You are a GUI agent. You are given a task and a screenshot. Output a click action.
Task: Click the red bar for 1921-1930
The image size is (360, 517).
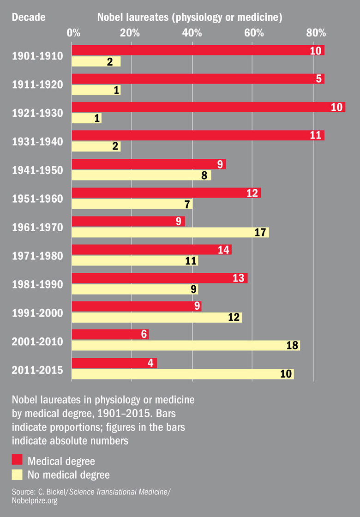[208, 107]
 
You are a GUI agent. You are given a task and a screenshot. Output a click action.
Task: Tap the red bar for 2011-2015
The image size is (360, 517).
[114, 363]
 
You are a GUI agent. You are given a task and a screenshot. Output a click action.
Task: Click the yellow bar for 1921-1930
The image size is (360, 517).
[86, 118]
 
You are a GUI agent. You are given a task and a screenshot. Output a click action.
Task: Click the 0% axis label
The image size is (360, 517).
[73, 33]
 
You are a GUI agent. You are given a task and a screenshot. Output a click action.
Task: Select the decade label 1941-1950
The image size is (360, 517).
[37, 170]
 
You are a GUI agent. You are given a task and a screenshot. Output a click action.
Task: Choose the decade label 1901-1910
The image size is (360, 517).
[37, 56]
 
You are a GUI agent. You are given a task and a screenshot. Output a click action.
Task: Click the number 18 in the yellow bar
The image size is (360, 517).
[292, 345]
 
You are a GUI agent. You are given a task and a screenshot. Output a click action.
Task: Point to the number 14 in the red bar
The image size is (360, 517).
[224, 250]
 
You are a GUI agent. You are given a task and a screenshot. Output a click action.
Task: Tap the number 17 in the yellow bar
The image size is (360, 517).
[261, 232]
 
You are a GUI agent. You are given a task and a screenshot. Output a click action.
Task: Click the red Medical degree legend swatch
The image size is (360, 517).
[17, 460]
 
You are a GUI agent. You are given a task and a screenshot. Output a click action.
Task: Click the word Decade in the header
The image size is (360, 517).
[29, 18]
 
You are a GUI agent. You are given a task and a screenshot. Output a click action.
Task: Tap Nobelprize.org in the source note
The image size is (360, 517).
[35, 500]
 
